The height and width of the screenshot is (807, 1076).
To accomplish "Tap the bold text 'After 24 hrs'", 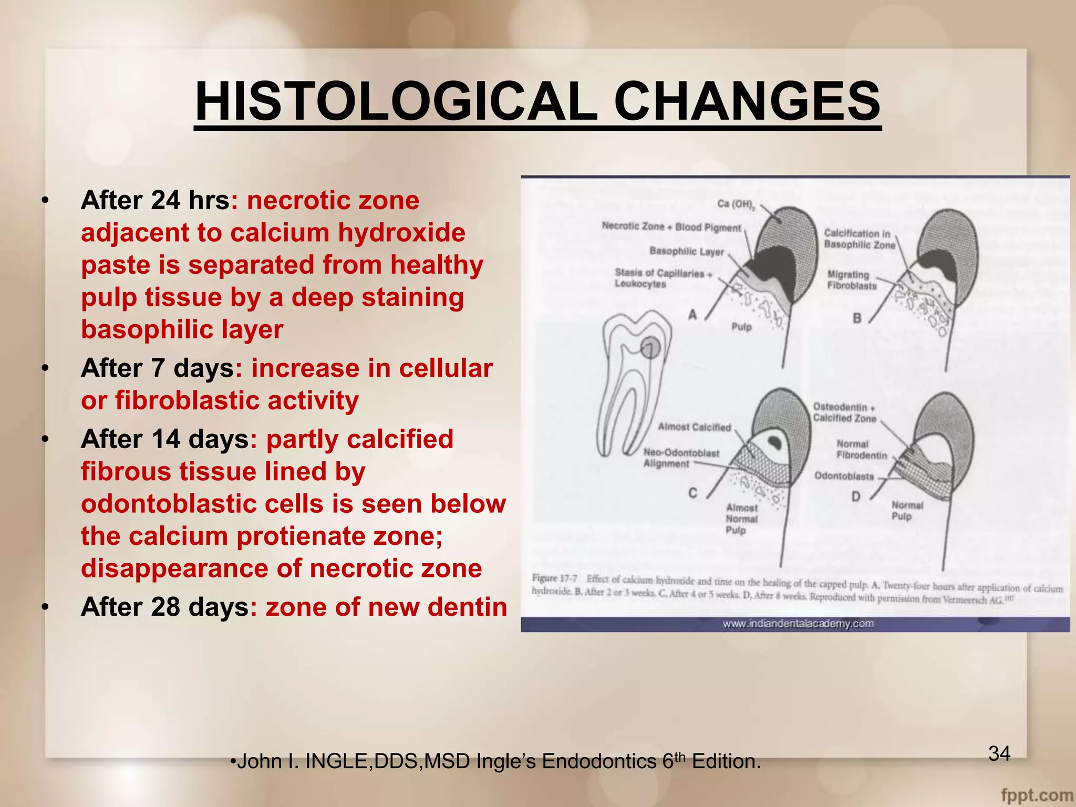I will click(x=155, y=200).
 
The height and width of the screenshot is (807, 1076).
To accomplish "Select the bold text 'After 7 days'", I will click(x=157, y=368).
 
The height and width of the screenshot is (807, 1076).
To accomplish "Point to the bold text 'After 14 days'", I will click(x=164, y=439).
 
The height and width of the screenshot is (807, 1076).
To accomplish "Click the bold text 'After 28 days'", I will click(x=164, y=607).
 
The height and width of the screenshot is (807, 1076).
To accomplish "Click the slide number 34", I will click(x=999, y=753).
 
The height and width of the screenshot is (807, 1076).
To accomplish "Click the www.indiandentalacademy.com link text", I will click(x=798, y=624).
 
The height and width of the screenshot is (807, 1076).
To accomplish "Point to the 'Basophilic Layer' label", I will click(x=686, y=251).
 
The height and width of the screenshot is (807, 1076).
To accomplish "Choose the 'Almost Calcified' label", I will click(x=694, y=427).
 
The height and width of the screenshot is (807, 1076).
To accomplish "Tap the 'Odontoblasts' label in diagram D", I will click(x=844, y=476).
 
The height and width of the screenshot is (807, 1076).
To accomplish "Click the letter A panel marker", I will click(x=693, y=315).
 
